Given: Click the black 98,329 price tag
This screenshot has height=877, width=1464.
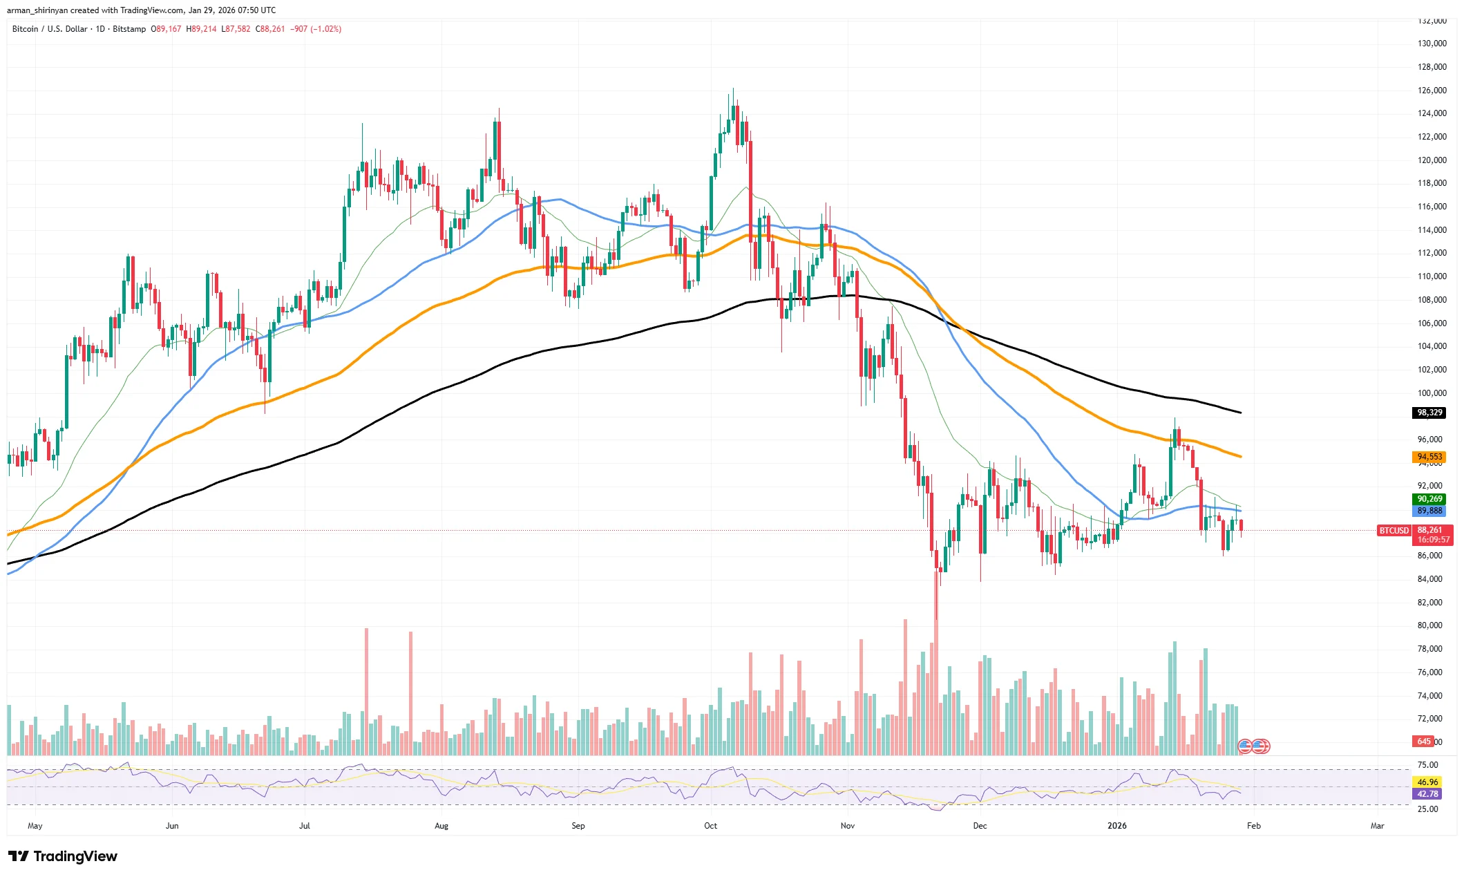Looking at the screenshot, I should pos(1429,413).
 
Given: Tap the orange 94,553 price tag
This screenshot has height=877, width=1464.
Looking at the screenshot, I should pos(1429,457).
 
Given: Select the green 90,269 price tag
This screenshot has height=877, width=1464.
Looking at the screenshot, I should pos(1429,499).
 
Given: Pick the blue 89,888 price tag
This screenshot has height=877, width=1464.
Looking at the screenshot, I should pos(1429,511).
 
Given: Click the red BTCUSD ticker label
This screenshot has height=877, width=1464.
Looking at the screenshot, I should pos(1394,531).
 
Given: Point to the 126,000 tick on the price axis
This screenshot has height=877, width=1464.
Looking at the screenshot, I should pos(1432,91).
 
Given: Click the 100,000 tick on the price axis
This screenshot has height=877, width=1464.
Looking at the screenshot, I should pos(1432,393).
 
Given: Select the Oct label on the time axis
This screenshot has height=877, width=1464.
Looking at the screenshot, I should pos(710,826).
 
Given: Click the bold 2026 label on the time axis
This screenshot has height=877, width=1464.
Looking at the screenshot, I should pos(1116,826).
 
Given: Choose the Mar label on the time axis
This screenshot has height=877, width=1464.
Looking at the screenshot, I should pos(1377,826).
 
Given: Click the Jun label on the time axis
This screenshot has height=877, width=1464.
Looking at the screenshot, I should pos(172,826).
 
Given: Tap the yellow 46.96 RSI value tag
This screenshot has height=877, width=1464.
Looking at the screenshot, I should pos(1427,782).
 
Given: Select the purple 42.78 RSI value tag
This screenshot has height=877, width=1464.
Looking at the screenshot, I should pos(1427,794).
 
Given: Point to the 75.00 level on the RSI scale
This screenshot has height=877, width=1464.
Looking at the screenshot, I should pos(1427,765).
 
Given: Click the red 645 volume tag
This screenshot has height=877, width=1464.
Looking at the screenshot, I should pos(1424,742).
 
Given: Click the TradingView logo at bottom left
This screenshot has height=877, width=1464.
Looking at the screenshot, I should pos(63,856).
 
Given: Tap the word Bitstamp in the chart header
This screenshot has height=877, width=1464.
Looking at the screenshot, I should pos(129,29).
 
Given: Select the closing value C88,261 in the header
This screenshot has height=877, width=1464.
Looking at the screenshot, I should pos(270,29).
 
